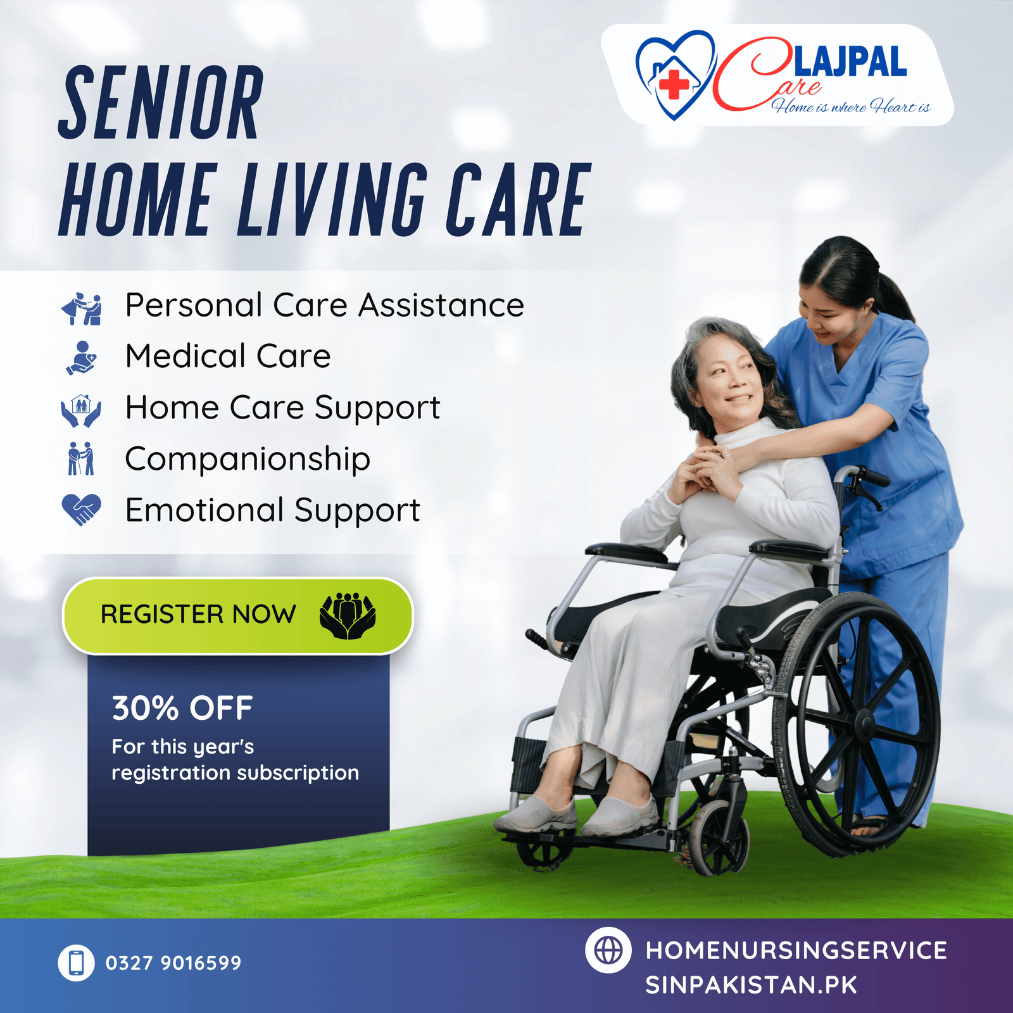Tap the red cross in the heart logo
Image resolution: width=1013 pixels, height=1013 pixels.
[x=674, y=84]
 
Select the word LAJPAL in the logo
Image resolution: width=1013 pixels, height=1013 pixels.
[x=850, y=62]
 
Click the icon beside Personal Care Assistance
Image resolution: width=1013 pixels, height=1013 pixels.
[x=81, y=308]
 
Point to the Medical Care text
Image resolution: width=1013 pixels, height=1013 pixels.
[x=228, y=356]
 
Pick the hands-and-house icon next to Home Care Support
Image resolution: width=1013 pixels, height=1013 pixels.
[x=81, y=411]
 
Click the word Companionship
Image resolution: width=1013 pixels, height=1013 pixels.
[x=248, y=460]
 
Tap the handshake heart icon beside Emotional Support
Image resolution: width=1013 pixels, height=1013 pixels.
[x=81, y=510]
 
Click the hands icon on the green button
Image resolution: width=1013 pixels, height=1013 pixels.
[x=348, y=615]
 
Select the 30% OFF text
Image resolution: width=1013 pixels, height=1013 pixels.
[x=182, y=708]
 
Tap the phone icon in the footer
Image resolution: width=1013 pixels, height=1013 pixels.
[x=76, y=963]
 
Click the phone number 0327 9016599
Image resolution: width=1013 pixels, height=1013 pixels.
[x=173, y=963]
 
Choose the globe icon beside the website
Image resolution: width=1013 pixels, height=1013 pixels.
[x=608, y=950]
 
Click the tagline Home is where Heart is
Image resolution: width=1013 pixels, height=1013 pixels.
[x=851, y=106]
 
